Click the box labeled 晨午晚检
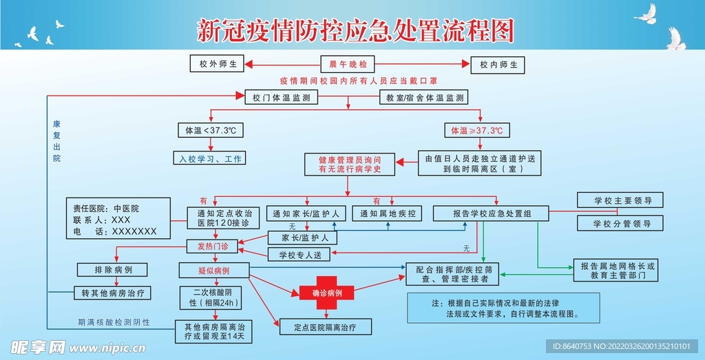point(348,65)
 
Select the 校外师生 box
point(218,65)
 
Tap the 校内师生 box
point(498,65)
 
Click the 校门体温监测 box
point(280,97)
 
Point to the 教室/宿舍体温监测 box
point(423,97)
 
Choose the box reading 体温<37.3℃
point(210,130)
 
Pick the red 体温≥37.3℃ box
point(476,130)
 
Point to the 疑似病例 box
point(213,269)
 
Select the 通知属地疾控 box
point(387,213)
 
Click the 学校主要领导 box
point(618,201)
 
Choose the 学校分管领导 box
point(618,223)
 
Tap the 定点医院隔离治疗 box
point(325,326)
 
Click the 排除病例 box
point(114,269)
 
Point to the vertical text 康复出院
point(56,142)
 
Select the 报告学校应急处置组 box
point(491,213)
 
